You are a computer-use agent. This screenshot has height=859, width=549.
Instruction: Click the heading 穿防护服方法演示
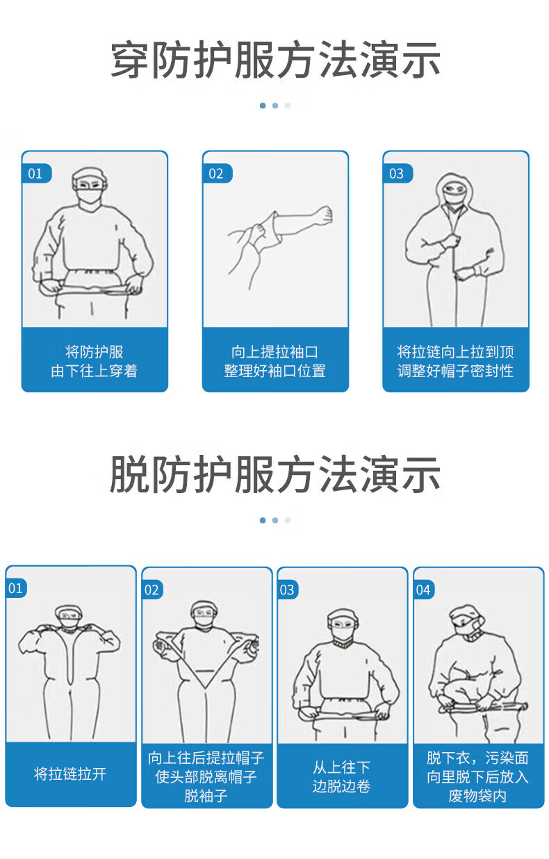pos(275,60)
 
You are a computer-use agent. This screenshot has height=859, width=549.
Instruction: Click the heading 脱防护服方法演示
pos(275,474)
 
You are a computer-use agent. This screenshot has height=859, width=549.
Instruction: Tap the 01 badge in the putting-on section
pos(35,174)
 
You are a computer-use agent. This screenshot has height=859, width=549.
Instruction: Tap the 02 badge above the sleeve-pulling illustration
pos(216,174)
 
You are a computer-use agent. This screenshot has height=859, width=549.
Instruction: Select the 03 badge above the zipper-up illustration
pos(397,174)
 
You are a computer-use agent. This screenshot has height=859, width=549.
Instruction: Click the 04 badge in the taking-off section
pos(423,590)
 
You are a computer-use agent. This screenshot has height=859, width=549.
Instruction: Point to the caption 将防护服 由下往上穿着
pos(95,361)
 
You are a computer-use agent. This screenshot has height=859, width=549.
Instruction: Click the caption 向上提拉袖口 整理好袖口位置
pos(275,361)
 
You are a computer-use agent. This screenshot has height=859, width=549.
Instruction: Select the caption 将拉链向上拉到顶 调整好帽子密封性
pos(455,361)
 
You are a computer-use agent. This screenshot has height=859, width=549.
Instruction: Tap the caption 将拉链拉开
pos(70,774)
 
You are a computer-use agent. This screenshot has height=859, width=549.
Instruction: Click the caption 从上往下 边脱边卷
pos(341,776)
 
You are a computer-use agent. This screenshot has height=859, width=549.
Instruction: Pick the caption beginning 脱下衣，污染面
pos(478,776)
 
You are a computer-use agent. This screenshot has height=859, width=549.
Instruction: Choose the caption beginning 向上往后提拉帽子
pos(206,776)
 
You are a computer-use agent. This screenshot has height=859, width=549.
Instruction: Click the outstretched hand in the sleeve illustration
pos(322,215)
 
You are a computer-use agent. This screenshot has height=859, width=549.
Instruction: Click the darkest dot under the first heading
pos(263,106)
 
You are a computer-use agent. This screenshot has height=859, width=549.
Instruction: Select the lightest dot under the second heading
pos(288,520)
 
